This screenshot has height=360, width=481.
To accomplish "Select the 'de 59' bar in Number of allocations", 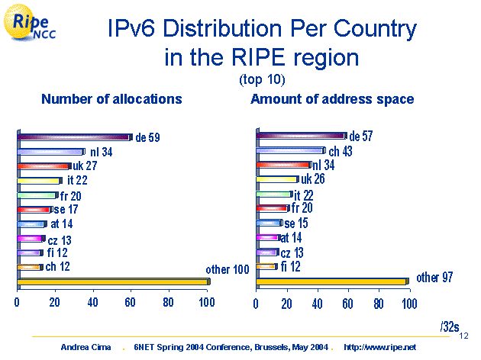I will (74, 137).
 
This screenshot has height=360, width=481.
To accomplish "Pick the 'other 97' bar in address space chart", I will (331, 281).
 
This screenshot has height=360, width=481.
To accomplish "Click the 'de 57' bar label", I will (361, 136).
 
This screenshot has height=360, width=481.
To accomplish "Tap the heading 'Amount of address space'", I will (332, 99).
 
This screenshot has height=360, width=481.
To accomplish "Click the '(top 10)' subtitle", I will (262, 79).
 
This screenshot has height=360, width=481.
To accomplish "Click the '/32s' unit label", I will (449, 326).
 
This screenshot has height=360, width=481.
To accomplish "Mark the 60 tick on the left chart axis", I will (129, 303).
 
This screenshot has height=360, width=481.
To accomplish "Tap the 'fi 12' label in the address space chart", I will (292, 265).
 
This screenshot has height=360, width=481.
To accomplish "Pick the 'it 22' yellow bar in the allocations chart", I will (39, 181).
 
